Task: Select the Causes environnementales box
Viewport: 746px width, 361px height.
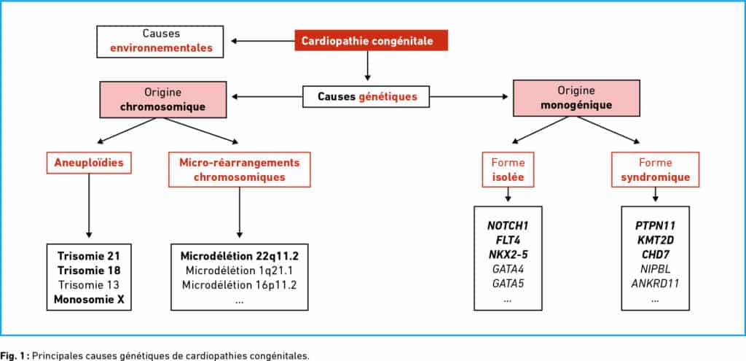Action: [x=160, y=42]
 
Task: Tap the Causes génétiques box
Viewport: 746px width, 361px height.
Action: [x=366, y=97]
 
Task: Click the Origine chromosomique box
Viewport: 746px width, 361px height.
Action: [x=162, y=99]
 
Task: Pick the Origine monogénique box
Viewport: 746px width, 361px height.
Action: [x=576, y=98]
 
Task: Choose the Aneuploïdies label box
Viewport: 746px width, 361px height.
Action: [x=89, y=163]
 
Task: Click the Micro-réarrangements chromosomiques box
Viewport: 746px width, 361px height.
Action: [x=239, y=169]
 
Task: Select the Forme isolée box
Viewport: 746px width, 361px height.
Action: [x=508, y=169]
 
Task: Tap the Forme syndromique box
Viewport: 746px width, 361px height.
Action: [x=655, y=169]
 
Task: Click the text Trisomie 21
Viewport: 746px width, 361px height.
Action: [x=89, y=256]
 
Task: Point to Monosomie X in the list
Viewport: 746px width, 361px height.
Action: [x=89, y=299]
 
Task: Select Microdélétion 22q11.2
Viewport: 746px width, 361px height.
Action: [x=239, y=256]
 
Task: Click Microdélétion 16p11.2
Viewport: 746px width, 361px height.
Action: [x=239, y=285]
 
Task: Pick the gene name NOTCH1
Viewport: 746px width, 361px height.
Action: [x=508, y=225]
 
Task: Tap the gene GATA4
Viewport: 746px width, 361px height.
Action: [x=508, y=269]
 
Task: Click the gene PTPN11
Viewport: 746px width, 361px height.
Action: [x=655, y=225]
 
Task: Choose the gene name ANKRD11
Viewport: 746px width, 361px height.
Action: [x=655, y=284]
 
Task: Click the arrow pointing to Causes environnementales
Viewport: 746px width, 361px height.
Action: [x=263, y=41]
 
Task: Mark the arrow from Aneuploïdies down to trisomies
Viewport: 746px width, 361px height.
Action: [x=89, y=206]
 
